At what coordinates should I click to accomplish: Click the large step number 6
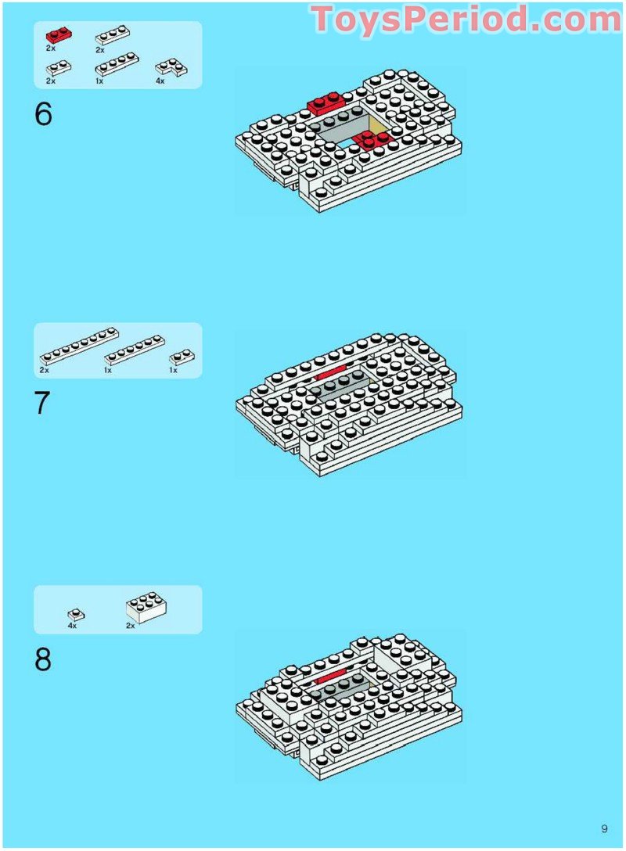pos(44,114)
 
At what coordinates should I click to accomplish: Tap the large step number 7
pos(42,404)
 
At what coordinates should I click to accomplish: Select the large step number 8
pos(44,659)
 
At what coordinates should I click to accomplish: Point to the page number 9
pos(604,829)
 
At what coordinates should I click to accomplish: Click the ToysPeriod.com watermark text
pos(466,19)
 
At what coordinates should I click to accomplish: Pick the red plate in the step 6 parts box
pos(59,36)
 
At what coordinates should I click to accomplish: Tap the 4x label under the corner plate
pos(160,81)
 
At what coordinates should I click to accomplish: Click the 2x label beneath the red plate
pos(51,48)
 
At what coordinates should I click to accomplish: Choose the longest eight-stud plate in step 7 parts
pos(79,346)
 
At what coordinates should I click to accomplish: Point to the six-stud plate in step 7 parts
pos(135,350)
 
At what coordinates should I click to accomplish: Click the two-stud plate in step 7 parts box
pos(182,357)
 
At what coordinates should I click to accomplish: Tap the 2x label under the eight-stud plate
pos(44,370)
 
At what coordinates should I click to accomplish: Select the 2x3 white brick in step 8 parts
pos(146,607)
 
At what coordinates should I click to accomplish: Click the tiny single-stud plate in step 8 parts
pos(76,615)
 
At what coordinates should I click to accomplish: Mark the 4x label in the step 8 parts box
pos(72,626)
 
